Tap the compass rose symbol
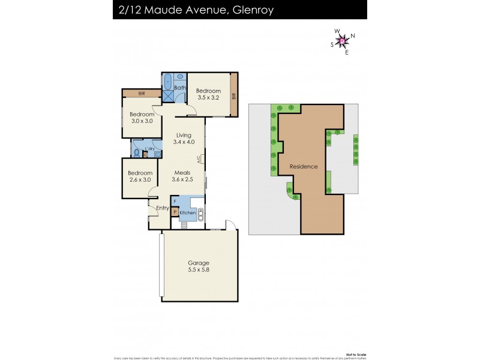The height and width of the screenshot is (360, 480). [343, 41]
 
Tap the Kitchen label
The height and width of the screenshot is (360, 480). [188, 212]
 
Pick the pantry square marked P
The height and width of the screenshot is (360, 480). [175, 212]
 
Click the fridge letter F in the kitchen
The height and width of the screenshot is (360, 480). [175, 202]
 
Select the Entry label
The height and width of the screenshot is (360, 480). [163, 208]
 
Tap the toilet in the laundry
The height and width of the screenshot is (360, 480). [137, 154]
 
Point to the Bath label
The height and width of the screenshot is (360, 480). [180, 88]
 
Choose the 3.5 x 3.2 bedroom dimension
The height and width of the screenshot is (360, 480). [209, 98]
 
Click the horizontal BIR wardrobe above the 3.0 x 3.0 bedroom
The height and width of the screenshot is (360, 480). [142, 94]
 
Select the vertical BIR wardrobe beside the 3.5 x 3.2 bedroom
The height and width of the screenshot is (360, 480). [234, 94]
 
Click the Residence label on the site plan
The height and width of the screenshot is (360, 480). [303, 166]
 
